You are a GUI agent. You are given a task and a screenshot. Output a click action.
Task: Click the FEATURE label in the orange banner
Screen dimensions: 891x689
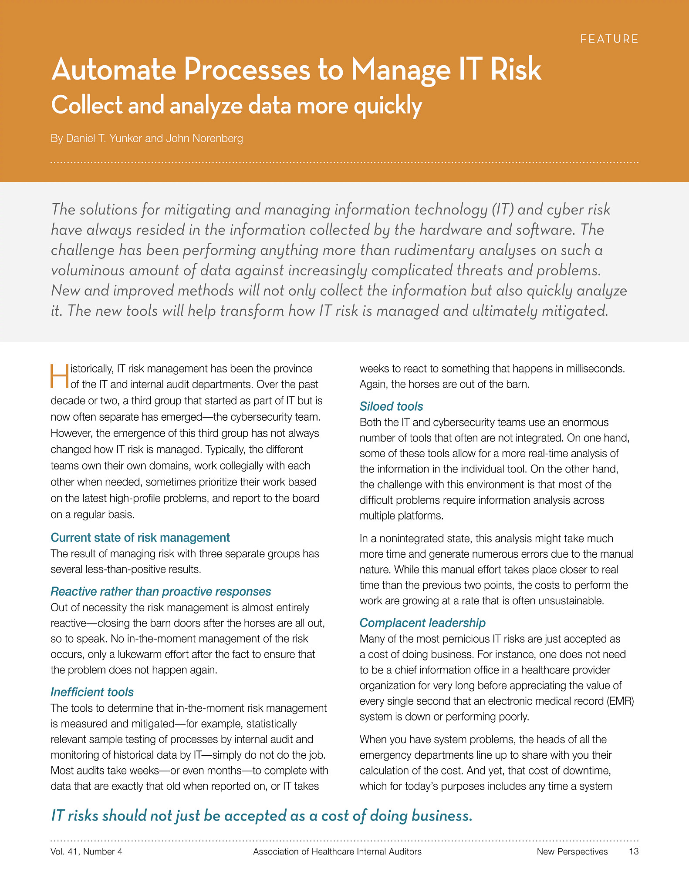coord(609,39)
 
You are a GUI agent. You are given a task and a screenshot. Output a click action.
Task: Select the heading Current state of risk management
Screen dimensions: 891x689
coord(140,538)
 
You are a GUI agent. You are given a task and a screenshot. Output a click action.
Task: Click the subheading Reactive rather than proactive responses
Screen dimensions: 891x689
coord(161,592)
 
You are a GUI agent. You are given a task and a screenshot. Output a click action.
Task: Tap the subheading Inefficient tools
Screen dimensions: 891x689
coord(92,692)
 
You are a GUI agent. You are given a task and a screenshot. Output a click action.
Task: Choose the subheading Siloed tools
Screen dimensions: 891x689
coord(391,406)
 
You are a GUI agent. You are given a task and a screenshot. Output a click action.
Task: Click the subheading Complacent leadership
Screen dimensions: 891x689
coord(422,623)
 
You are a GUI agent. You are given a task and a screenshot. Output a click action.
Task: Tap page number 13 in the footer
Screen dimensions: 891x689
coord(633,851)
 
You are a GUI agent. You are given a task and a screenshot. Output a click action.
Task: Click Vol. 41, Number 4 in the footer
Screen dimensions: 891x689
coord(86,851)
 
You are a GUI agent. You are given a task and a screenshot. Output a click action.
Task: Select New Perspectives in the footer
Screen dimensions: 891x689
coord(572,851)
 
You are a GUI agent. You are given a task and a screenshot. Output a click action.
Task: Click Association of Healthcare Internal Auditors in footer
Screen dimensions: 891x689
coord(337,851)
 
